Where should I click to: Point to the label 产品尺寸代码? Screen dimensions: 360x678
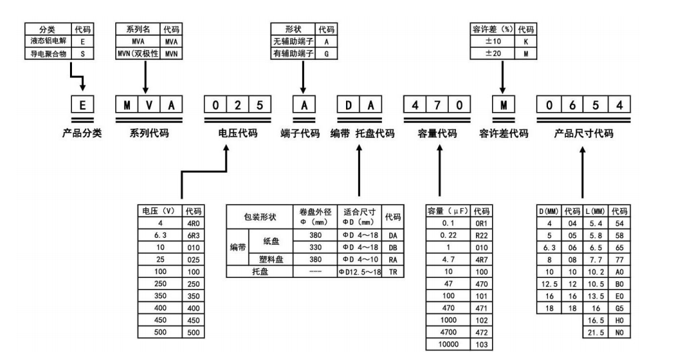click(x=583, y=133)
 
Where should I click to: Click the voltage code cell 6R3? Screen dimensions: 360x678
click(x=193, y=235)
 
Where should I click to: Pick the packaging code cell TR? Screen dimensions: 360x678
click(x=393, y=272)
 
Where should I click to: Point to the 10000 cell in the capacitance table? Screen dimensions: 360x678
click(x=449, y=344)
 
